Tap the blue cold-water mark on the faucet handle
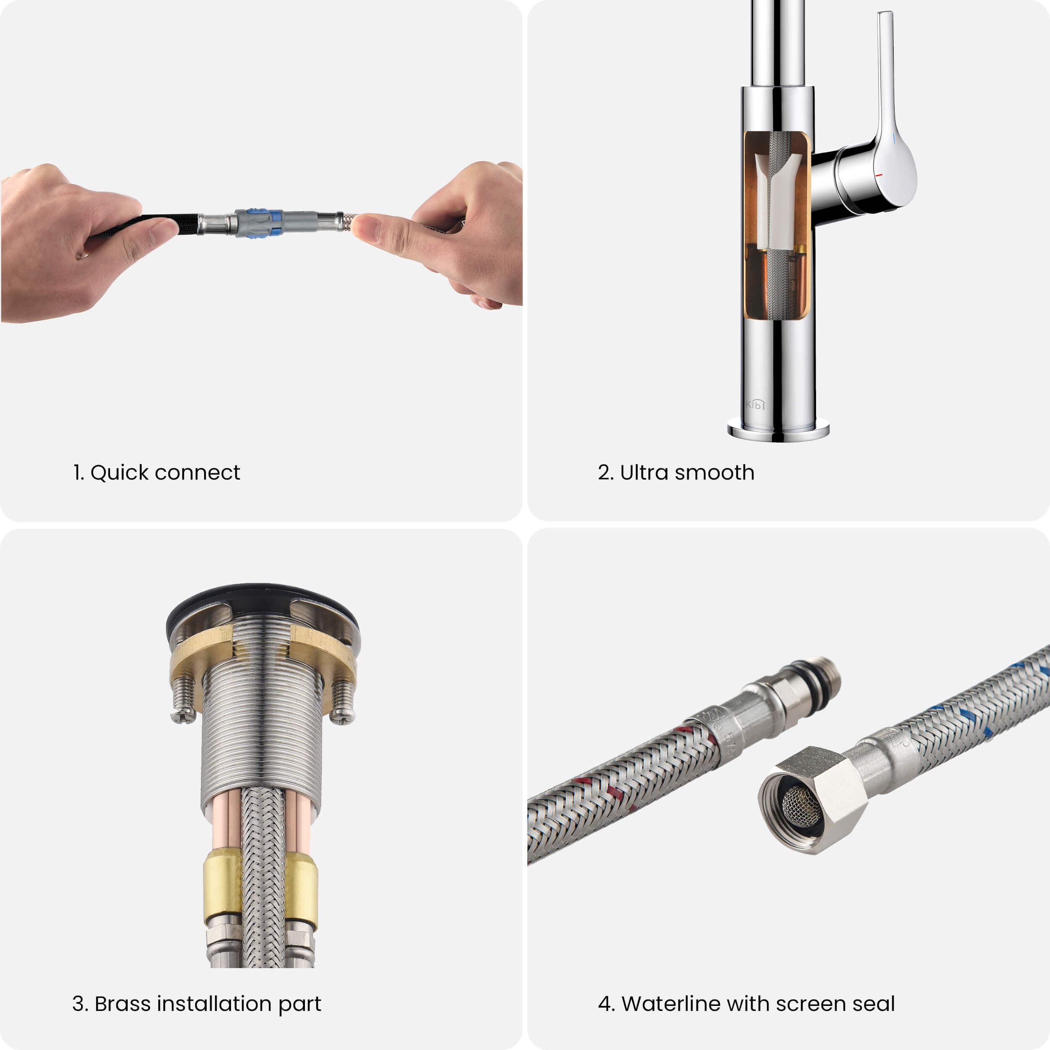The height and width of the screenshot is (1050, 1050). click(893, 139)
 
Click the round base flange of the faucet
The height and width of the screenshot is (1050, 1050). click(778, 429)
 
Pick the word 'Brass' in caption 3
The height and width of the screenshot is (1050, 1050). click(122, 1004)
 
